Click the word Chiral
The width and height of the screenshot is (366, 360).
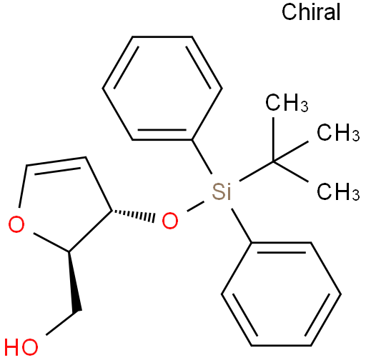311,12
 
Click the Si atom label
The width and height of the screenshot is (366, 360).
222,191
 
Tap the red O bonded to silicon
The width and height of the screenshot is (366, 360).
170,221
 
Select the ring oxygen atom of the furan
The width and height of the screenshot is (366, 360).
16,224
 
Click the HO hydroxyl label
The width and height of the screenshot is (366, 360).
21,347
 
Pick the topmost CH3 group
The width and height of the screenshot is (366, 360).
287,102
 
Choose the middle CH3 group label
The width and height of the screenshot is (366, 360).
338,132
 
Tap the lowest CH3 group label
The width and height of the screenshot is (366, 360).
338,191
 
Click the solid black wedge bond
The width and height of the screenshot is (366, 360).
74,281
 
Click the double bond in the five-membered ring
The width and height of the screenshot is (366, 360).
56,164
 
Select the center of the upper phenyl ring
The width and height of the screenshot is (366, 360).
162,88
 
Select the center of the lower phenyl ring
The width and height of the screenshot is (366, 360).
281,294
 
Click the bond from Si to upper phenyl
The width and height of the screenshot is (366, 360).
202,156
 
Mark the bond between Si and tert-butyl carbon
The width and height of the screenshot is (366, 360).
256,171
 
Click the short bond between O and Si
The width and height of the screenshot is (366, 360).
195,206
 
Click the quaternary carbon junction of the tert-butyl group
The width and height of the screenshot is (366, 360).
274,161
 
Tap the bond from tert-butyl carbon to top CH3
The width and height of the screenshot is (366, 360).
274,139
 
